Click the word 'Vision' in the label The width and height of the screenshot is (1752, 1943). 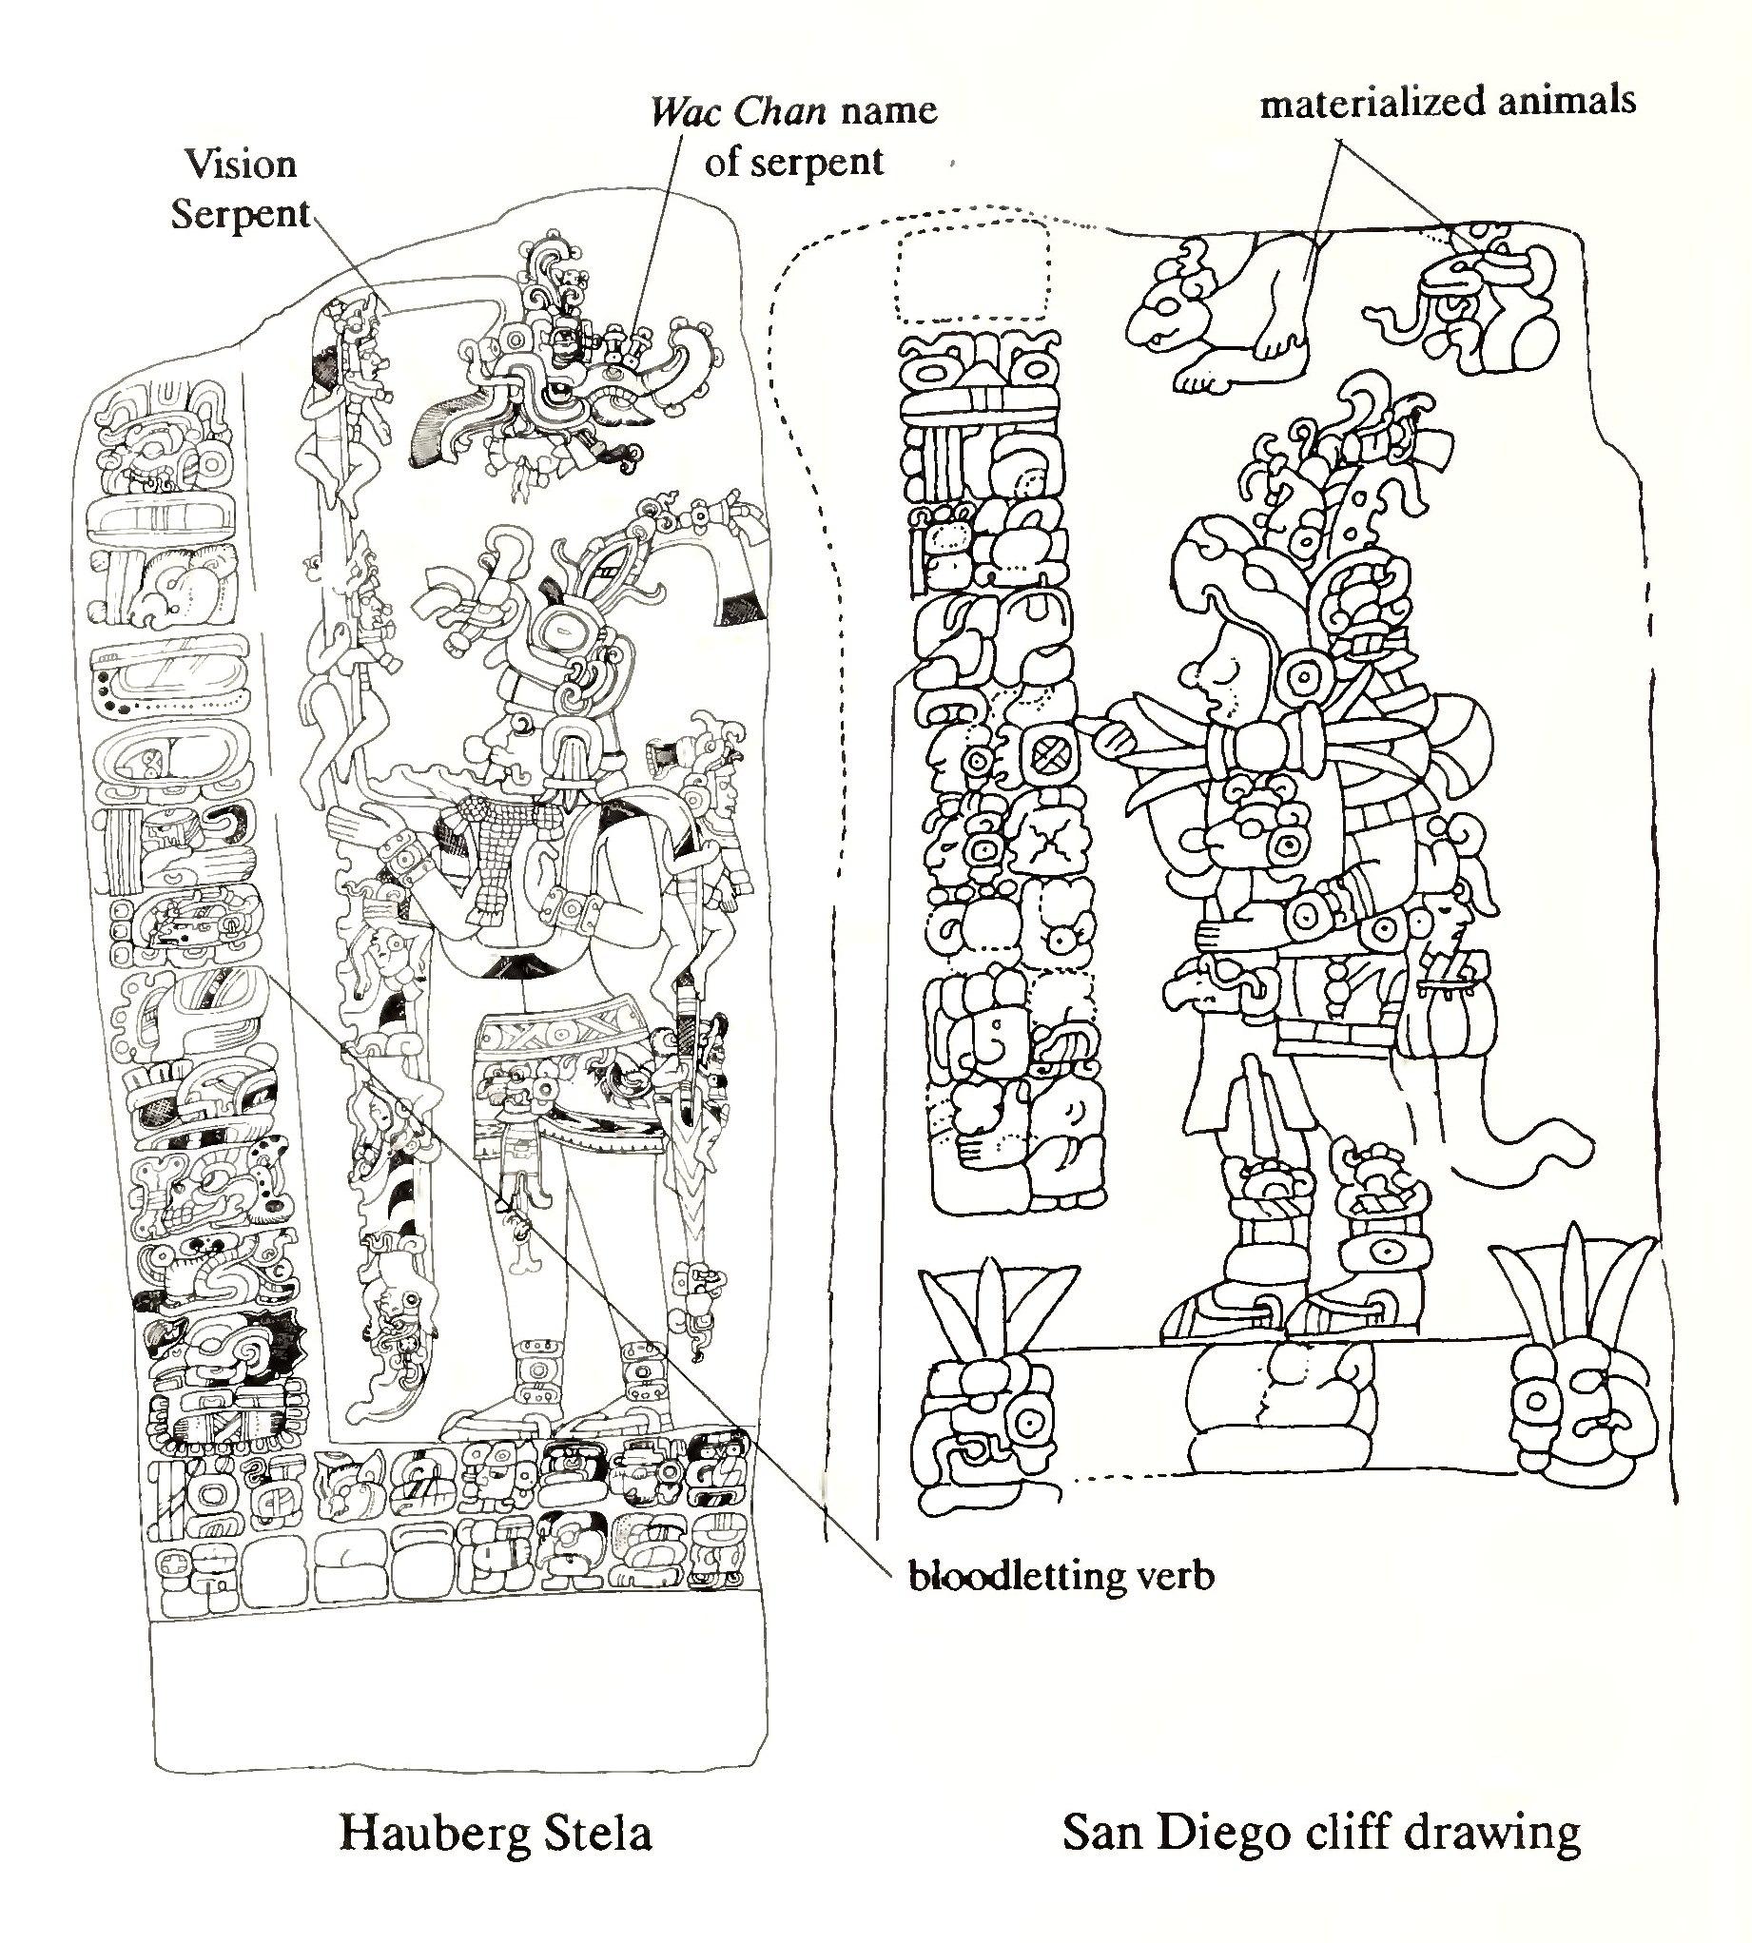click(241, 165)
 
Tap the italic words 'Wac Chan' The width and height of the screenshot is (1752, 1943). click(738, 112)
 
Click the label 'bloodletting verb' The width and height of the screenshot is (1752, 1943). click(1061, 1576)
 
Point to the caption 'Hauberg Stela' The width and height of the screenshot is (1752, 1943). click(496, 1834)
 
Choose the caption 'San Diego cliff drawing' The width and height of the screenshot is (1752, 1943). click(1322, 1834)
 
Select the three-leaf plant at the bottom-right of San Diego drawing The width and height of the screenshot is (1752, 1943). click(1576, 1290)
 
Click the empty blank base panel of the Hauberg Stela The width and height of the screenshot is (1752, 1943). click(462, 1694)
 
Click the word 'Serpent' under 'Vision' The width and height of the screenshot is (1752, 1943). click(241, 214)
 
